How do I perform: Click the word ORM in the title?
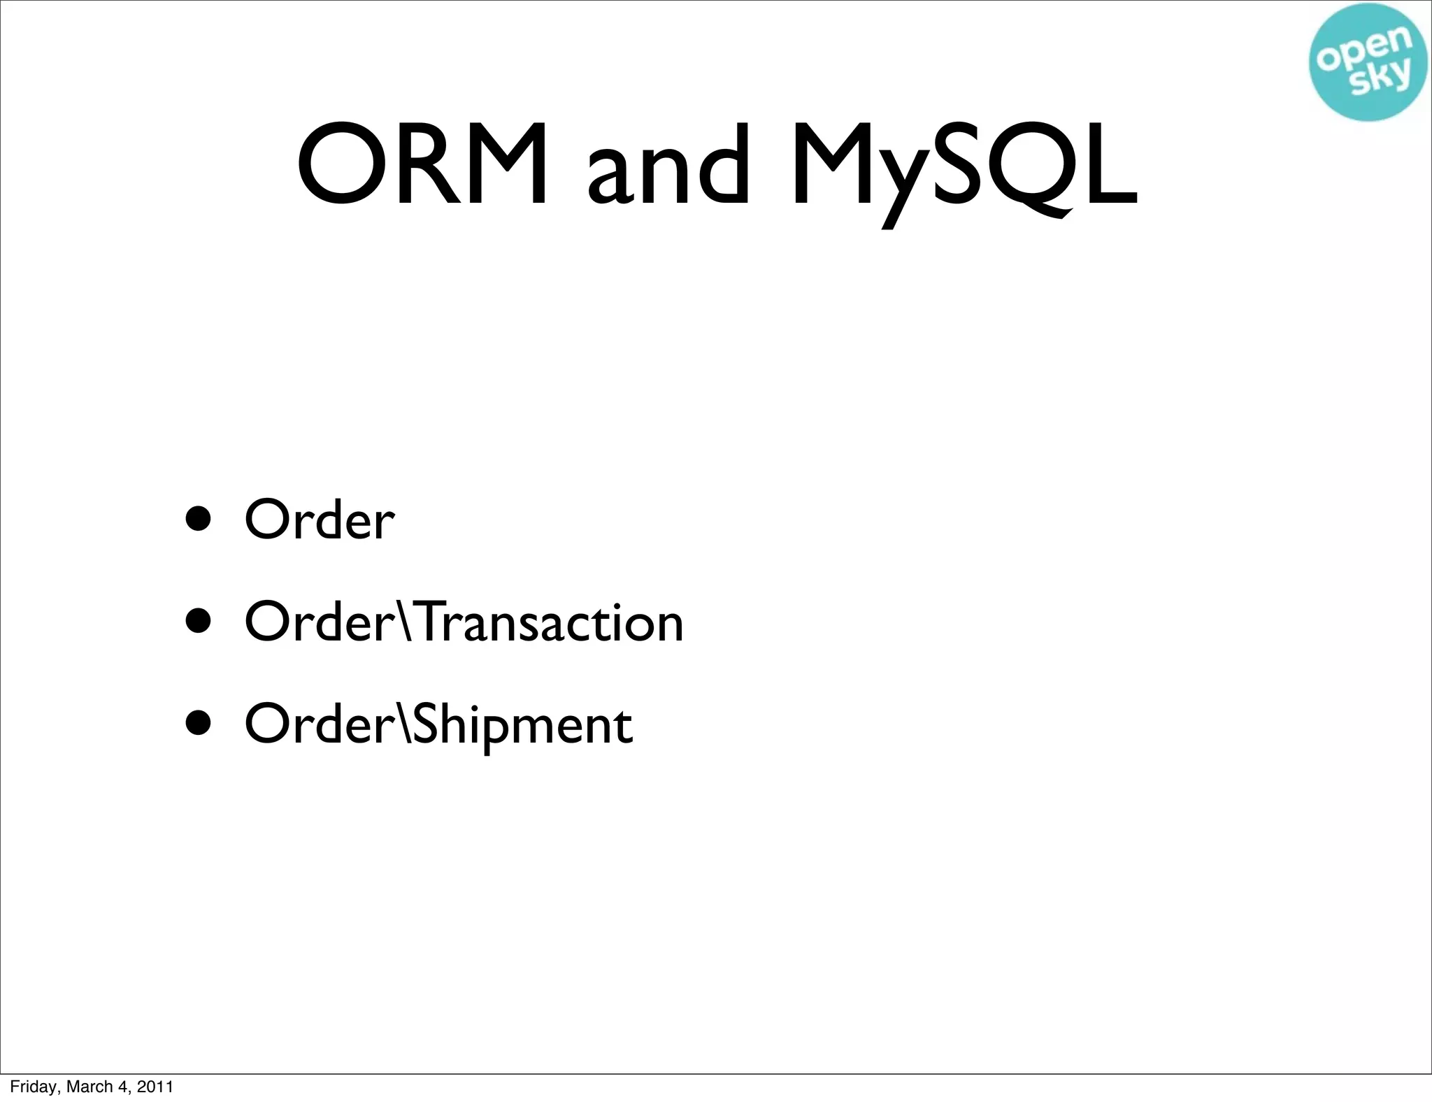(422, 165)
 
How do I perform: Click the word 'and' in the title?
(668, 168)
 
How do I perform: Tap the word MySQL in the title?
(964, 168)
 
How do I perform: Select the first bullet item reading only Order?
(320, 520)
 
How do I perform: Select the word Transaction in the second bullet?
(552, 622)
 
